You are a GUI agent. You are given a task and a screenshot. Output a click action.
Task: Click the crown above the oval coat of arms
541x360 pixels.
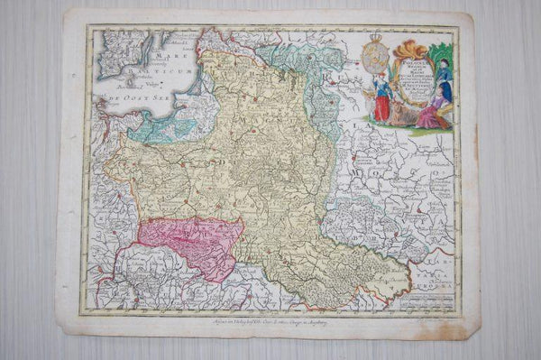pos(375,38)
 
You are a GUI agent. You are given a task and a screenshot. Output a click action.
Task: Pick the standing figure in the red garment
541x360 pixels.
pos(384,101)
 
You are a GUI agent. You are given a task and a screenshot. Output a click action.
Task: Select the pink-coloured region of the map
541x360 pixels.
pos(190,236)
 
